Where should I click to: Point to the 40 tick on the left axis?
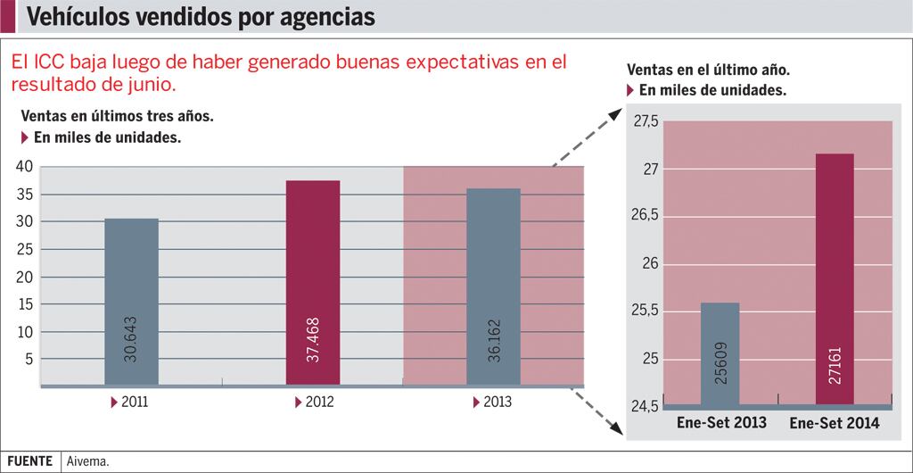23,166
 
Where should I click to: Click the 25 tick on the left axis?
23,249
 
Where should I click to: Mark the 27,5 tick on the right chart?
646,121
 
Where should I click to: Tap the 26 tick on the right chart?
651,264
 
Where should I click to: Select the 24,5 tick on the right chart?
646,407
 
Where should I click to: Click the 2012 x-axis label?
319,402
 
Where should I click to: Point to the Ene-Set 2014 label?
835,423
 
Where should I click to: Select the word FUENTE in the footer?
29,461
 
